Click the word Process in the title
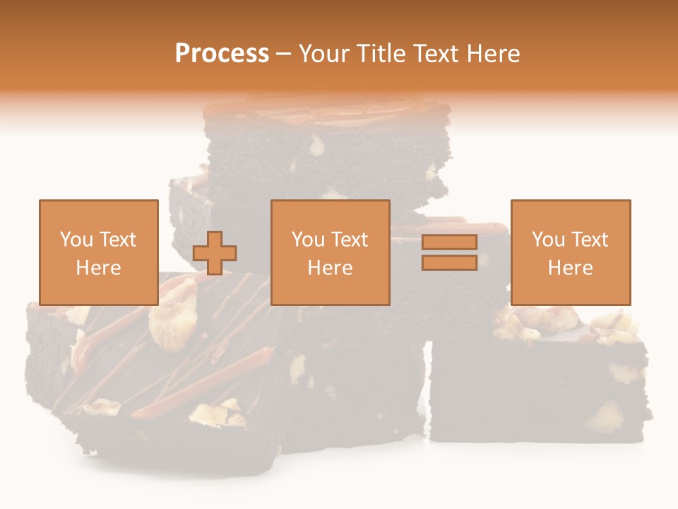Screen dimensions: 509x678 click(x=222, y=54)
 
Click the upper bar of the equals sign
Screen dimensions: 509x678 click(x=449, y=242)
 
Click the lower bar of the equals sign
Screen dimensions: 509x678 click(x=449, y=262)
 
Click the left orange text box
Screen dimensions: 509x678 click(x=99, y=252)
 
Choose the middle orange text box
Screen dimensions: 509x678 click(x=331, y=252)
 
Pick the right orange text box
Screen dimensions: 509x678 click(x=571, y=252)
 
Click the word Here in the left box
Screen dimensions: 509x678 click(x=99, y=267)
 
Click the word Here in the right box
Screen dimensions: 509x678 click(x=571, y=267)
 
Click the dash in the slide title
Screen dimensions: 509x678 click(x=284, y=54)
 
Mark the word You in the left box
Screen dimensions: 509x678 click(x=76, y=240)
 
